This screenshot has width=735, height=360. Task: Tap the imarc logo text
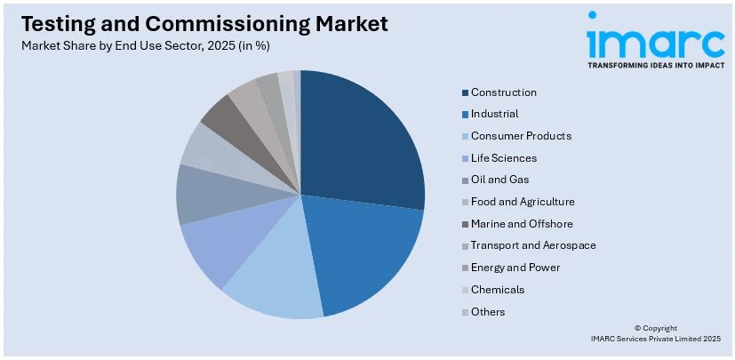point(655,39)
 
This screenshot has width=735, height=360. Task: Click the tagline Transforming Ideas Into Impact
point(655,65)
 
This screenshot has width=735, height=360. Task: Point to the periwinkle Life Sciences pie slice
point(213,249)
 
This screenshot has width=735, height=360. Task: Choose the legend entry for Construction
point(503,92)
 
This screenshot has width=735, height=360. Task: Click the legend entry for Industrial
point(494,114)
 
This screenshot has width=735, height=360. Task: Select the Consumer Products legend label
point(521,136)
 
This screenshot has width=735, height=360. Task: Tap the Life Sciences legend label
point(504,158)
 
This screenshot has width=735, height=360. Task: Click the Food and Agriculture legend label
point(523,202)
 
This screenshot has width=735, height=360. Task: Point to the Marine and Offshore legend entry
point(522,224)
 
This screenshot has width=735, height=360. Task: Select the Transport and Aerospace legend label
point(533,245)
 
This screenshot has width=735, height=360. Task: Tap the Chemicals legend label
point(498,290)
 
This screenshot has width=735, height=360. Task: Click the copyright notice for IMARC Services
point(656,333)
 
